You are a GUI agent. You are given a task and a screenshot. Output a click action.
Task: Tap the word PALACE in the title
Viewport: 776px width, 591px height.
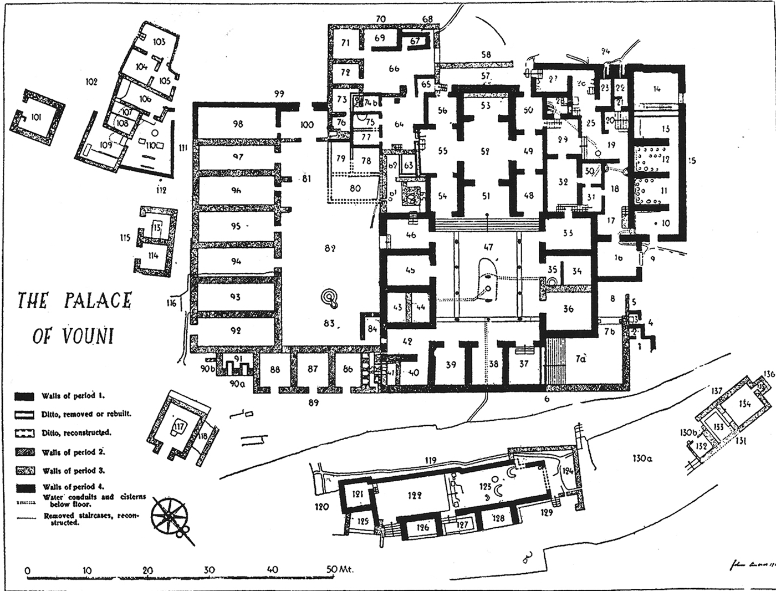pos(98,301)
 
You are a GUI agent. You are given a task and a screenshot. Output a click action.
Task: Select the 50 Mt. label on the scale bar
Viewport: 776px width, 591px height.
pos(339,569)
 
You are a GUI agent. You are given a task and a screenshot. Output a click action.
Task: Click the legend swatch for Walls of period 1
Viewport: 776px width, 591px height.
pos(26,396)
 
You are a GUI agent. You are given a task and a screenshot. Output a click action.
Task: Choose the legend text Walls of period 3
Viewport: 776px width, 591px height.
pos(74,471)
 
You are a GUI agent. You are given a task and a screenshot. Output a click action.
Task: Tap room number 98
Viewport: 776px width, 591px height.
pos(238,124)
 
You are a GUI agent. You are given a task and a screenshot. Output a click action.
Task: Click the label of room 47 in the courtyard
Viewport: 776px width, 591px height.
pos(488,247)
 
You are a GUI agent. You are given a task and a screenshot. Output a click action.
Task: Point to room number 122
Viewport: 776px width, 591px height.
pos(415,495)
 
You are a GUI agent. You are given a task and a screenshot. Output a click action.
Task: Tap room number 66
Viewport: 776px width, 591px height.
pos(394,69)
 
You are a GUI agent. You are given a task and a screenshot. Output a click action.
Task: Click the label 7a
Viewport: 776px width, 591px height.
pos(580,359)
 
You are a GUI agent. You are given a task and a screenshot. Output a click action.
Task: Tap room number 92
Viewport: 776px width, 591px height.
pos(236,331)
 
